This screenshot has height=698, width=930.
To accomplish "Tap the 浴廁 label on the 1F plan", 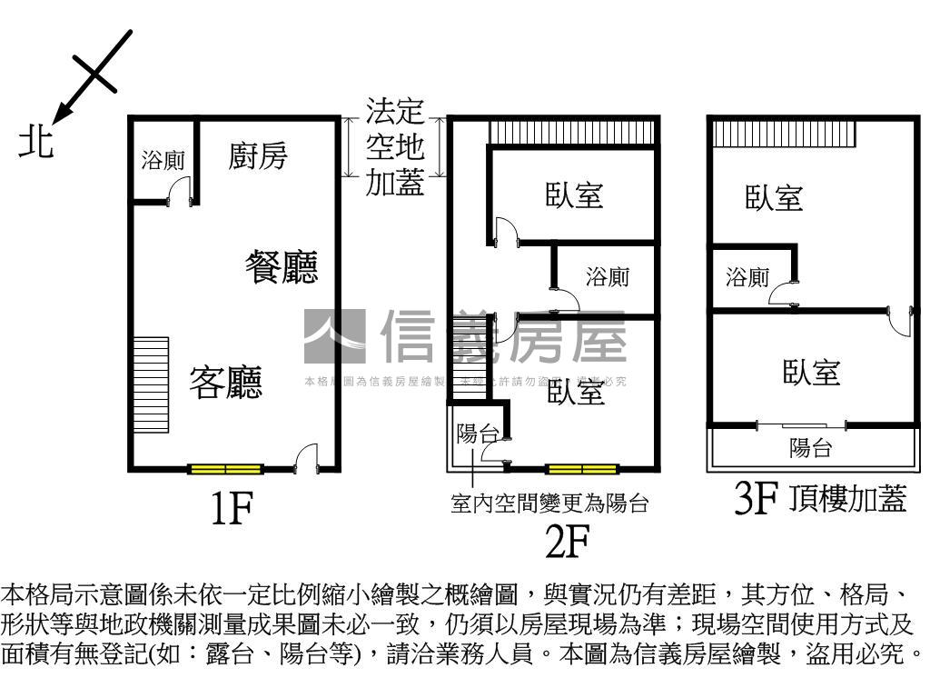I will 163,161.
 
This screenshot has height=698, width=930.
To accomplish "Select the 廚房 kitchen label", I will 257,155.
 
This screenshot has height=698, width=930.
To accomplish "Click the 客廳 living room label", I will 225,383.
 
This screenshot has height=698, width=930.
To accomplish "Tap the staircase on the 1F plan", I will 151,385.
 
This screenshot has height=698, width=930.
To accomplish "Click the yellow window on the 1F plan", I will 225,469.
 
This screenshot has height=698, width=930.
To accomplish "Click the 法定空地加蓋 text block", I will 394,148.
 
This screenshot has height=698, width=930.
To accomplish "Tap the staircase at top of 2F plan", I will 572,133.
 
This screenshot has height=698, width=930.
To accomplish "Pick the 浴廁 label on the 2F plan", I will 607,276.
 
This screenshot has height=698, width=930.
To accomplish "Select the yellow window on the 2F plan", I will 582,469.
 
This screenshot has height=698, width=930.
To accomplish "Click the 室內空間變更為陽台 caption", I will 549,503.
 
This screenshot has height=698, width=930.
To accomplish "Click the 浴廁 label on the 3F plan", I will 747,278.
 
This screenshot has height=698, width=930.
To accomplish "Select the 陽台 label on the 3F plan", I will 810,447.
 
